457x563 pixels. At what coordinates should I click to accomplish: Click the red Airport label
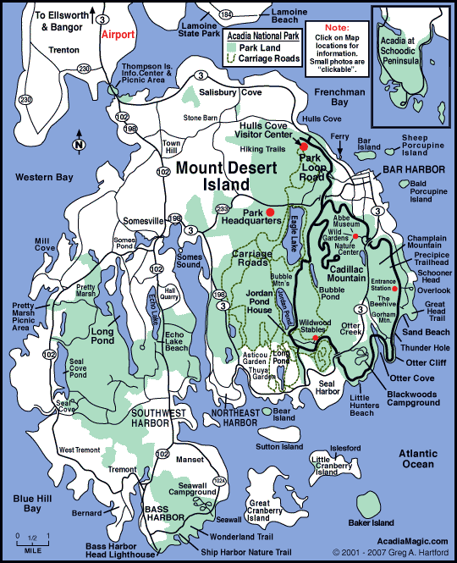pyautogui.click(x=118, y=36)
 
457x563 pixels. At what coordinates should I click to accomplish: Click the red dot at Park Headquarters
pyautogui.click(x=271, y=211)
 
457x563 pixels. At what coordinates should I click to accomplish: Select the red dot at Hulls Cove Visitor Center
pyautogui.click(x=304, y=146)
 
